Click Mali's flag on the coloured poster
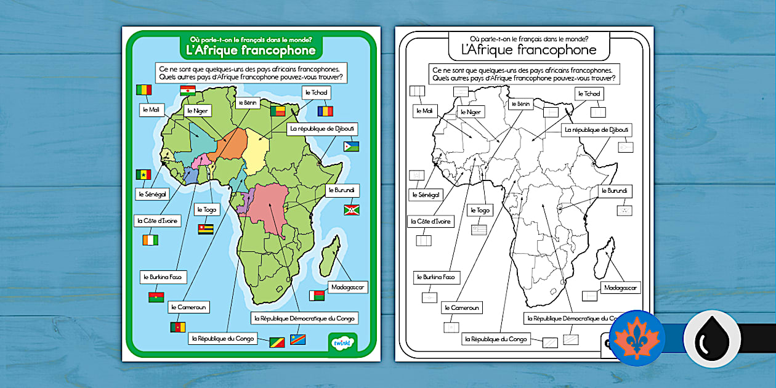[x=143, y=90]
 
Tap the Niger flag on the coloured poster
[x=188, y=91]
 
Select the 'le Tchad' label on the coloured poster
[x=316, y=92]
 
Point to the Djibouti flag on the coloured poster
[x=352, y=147]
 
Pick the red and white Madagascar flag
[x=317, y=296]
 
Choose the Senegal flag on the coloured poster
[x=143, y=174]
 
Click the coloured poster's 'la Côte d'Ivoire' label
[x=155, y=220]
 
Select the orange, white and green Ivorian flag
[x=149, y=238]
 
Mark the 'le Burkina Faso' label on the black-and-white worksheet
[x=437, y=277]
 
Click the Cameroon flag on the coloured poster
[x=178, y=326]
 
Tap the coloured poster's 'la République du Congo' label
[x=222, y=338]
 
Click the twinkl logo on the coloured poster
[x=341, y=342]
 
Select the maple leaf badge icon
[x=637, y=338]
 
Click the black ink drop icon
[x=711, y=338]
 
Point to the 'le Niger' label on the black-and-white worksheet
[x=470, y=113]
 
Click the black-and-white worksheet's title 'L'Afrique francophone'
[x=529, y=51]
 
